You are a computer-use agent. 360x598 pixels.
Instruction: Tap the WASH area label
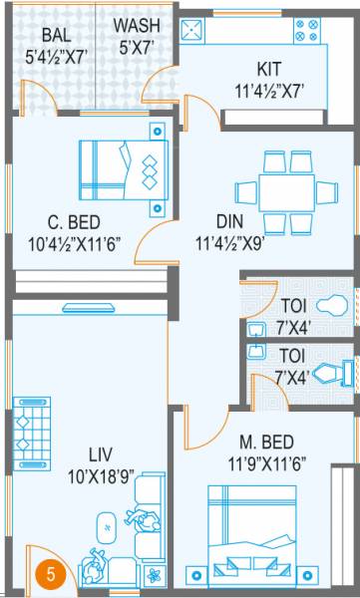coord(131,25)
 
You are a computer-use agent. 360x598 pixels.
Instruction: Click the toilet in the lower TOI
coord(331,373)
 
